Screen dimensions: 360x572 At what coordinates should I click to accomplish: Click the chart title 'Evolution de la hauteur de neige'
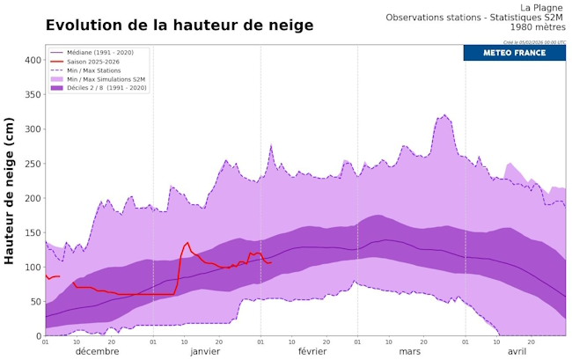[179, 26]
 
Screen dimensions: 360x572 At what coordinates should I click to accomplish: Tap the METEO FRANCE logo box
[514, 53]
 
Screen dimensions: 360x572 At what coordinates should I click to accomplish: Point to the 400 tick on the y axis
[31, 61]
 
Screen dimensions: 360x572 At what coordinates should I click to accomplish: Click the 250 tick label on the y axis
[31, 164]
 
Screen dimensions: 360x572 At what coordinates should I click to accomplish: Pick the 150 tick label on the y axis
[31, 233]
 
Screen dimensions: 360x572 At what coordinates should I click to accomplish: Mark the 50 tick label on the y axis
[33, 302]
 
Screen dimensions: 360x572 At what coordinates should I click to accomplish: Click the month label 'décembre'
[97, 351]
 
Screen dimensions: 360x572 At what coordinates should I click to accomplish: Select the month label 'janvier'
[205, 351]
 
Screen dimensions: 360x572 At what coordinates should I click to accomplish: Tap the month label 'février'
[312, 351]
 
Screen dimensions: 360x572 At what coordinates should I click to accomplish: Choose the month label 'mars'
[409, 351]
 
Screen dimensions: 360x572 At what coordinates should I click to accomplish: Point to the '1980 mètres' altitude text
[538, 27]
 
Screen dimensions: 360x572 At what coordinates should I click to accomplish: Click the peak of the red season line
[187, 243]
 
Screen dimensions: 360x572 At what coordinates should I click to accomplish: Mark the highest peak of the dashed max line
[445, 114]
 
